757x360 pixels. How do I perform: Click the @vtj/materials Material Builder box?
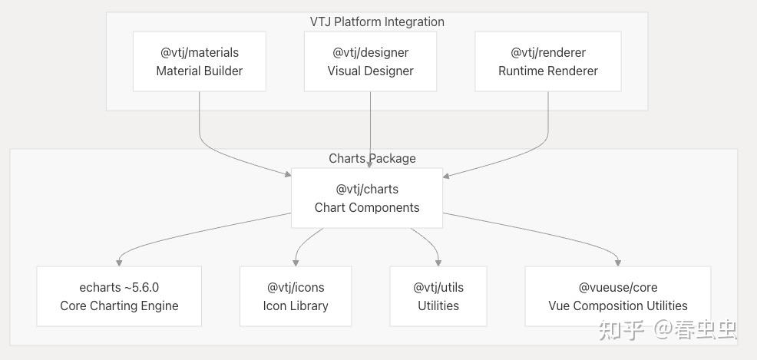pos(200,61)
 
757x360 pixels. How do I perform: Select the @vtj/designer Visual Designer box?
pos(370,61)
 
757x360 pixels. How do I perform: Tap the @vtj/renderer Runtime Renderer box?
pos(548,61)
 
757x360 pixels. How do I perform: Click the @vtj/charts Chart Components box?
pos(367,198)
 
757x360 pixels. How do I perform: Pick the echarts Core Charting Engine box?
pos(119,296)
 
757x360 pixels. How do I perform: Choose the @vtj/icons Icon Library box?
pos(296,296)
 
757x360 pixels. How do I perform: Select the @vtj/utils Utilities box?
pos(438,296)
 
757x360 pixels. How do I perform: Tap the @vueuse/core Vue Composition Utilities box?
pos(618,296)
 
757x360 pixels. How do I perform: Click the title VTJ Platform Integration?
pos(377,21)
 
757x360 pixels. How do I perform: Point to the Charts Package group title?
pos(372,158)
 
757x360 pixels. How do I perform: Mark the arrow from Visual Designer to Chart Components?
pos(370,129)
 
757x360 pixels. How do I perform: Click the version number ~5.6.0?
pos(142,288)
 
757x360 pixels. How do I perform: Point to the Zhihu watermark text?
pos(668,330)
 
